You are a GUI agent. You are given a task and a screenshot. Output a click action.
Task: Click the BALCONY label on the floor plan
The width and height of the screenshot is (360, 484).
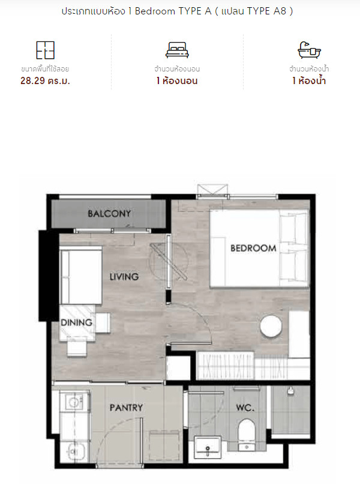point(109,213)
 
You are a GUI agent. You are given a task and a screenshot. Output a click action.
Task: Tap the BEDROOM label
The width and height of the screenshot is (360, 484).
point(253,248)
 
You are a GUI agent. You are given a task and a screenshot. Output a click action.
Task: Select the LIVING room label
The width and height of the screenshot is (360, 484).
point(124,277)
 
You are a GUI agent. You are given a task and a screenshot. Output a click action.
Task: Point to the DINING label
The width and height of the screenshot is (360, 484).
point(77,322)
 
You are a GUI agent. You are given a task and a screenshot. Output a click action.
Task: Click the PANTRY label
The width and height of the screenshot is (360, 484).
point(126,408)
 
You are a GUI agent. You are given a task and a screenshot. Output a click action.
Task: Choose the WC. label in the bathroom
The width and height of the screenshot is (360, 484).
point(245,408)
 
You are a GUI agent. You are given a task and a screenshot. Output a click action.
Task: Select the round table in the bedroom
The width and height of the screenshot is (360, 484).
point(271,326)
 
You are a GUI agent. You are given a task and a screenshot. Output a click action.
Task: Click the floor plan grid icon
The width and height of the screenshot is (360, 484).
point(46,50)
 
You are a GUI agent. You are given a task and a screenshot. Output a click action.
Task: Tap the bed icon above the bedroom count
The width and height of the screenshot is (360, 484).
point(177,50)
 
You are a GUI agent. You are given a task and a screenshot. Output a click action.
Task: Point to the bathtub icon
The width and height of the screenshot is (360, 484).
point(309,50)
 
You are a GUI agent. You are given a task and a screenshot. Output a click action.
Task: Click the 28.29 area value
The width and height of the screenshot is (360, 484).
point(32,81)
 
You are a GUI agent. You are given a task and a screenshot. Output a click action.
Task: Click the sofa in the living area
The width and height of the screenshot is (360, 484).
point(81,276)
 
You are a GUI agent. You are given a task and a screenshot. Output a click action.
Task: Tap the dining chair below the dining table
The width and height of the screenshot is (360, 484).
point(77,347)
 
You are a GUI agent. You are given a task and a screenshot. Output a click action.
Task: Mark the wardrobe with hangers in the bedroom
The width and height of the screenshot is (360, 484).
point(225,366)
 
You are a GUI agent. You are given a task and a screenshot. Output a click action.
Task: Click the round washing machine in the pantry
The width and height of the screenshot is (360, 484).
point(74,402)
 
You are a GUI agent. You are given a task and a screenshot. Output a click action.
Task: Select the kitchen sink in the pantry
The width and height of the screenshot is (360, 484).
point(74,453)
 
